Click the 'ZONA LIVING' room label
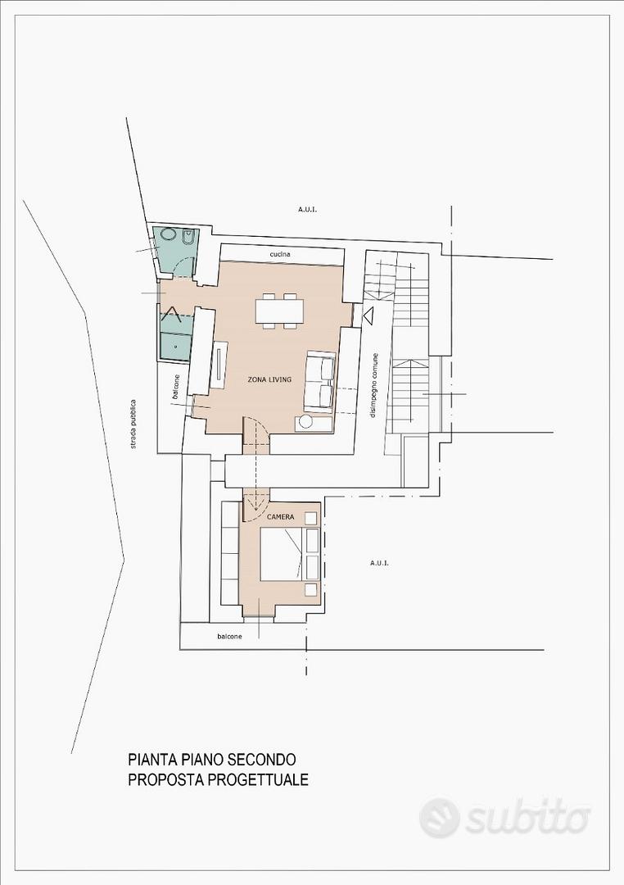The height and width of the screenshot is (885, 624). point(269,379)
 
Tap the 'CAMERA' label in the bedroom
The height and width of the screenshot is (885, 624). point(280,516)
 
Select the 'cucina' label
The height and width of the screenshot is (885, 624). point(280,255)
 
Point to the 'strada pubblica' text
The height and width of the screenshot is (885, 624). point(133,424)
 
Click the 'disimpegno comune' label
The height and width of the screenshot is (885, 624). point(374,385)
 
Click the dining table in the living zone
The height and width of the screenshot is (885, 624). point(280,311)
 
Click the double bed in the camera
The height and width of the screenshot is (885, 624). point(289,554)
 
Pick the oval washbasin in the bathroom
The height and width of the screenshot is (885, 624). point(167,235)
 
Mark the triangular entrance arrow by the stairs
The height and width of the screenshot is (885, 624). point(368,316)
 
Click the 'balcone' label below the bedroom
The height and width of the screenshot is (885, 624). point(229,637)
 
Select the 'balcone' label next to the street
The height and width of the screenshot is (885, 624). point(176,388)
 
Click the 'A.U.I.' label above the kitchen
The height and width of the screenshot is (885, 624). point(307,210)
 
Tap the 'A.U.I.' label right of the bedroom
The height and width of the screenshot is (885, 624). point(380,563)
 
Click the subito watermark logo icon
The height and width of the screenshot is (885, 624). point(440,818)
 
